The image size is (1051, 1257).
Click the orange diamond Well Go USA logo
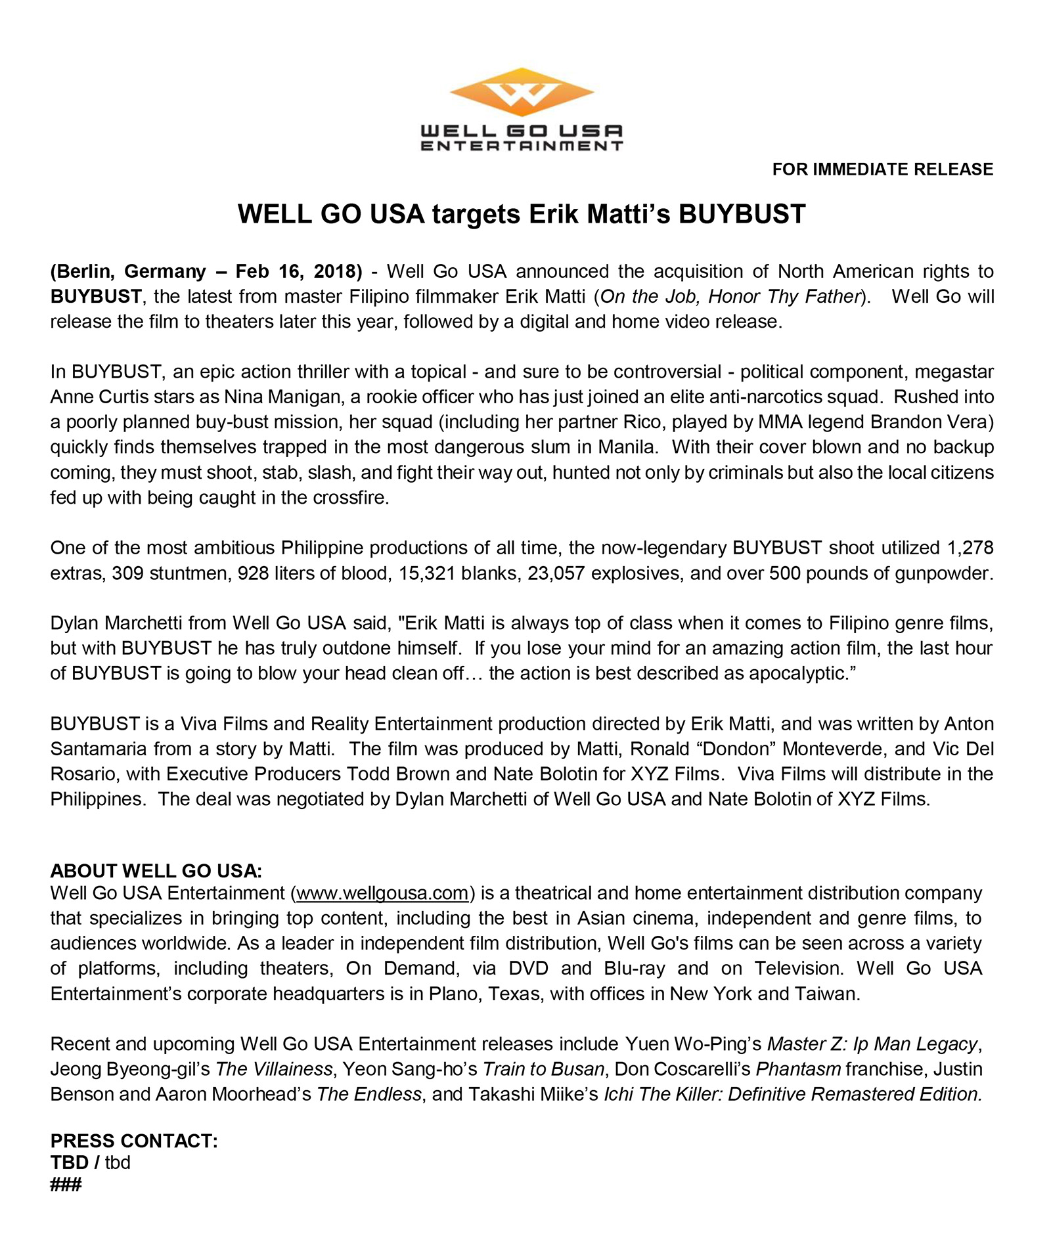click(522, 92)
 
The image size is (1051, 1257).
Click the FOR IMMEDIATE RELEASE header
click(882, 169)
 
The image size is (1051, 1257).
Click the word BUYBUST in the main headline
click(742, 215)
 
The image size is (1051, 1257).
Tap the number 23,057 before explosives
click(556, 573)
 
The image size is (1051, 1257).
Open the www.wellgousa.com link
click(382, 893)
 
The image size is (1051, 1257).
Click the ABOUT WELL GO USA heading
click(156, 871)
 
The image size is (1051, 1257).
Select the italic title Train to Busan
click(543, 1069)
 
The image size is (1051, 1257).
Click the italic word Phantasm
click(798, 1069)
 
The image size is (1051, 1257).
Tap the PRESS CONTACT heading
click(134, 1141)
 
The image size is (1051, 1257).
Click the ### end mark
click(66, 1185)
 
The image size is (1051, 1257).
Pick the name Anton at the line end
click(969, 724)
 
